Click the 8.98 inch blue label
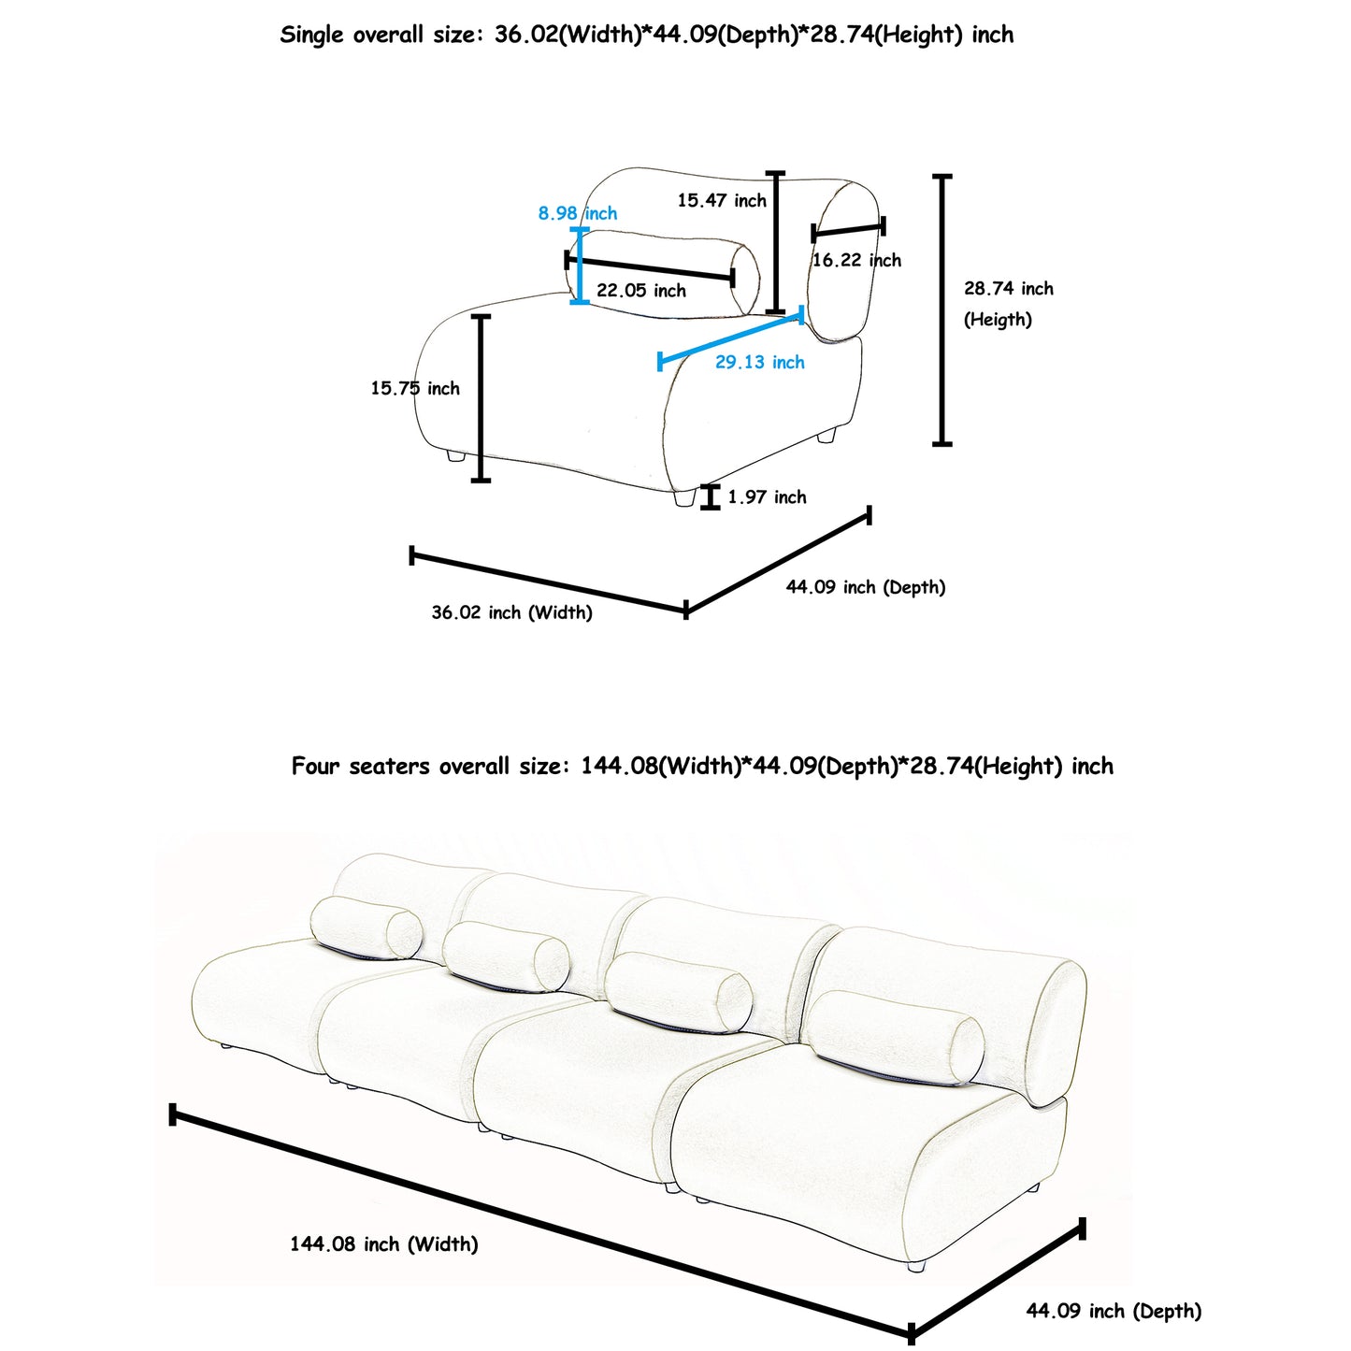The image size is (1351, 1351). click(577, 213)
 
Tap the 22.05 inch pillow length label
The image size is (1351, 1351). click(640, 291)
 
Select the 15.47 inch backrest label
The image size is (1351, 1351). click(721, 200)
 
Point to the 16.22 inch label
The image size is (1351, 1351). click(856, 260)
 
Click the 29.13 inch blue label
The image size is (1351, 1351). click(759, 362)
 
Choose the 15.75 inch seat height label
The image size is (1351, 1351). click(415, 388)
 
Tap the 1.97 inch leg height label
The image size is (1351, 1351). click(767, 497)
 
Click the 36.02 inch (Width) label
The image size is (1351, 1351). click(511, 612)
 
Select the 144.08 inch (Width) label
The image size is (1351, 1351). click(383, 1243)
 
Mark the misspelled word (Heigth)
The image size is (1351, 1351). click(998, 320)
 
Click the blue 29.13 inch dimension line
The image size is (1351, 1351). click(730, 338)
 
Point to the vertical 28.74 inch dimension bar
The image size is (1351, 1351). click(942, 309)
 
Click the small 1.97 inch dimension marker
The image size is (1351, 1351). click(711, 497)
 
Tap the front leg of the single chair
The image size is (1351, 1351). click(684, 498)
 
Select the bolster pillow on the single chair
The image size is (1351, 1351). click(664, 275)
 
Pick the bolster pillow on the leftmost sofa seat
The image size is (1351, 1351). click(366, 927)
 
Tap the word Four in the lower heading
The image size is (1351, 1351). click(315, 767)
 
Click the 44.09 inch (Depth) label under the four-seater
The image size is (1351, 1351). click(1113, 1311)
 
